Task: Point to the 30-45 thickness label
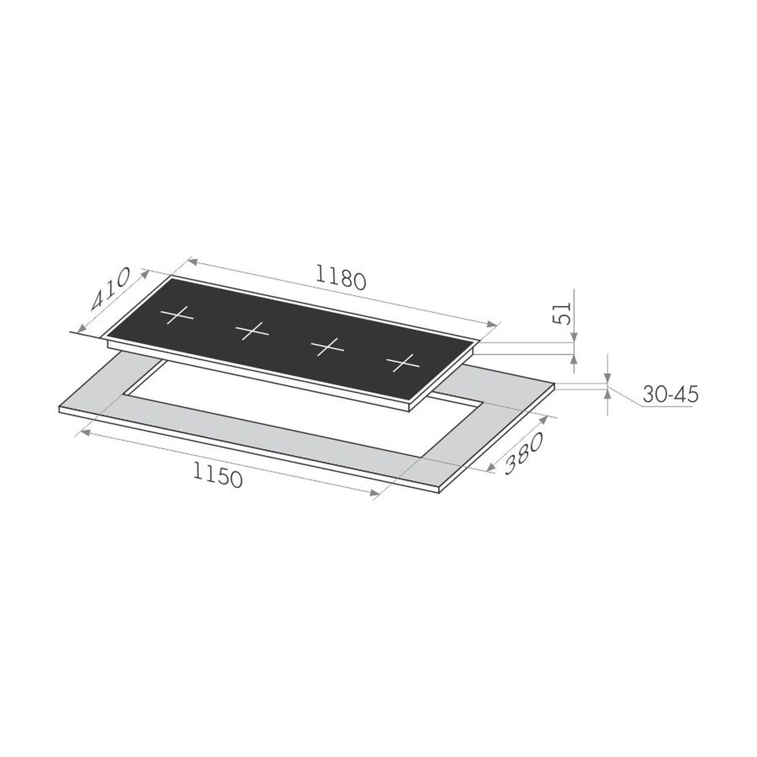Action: [x=670, y=394]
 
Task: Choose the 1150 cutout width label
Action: [x=218, y=474]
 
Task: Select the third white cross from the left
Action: [x=328, y=346]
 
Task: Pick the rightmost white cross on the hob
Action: [x=403, y=362]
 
